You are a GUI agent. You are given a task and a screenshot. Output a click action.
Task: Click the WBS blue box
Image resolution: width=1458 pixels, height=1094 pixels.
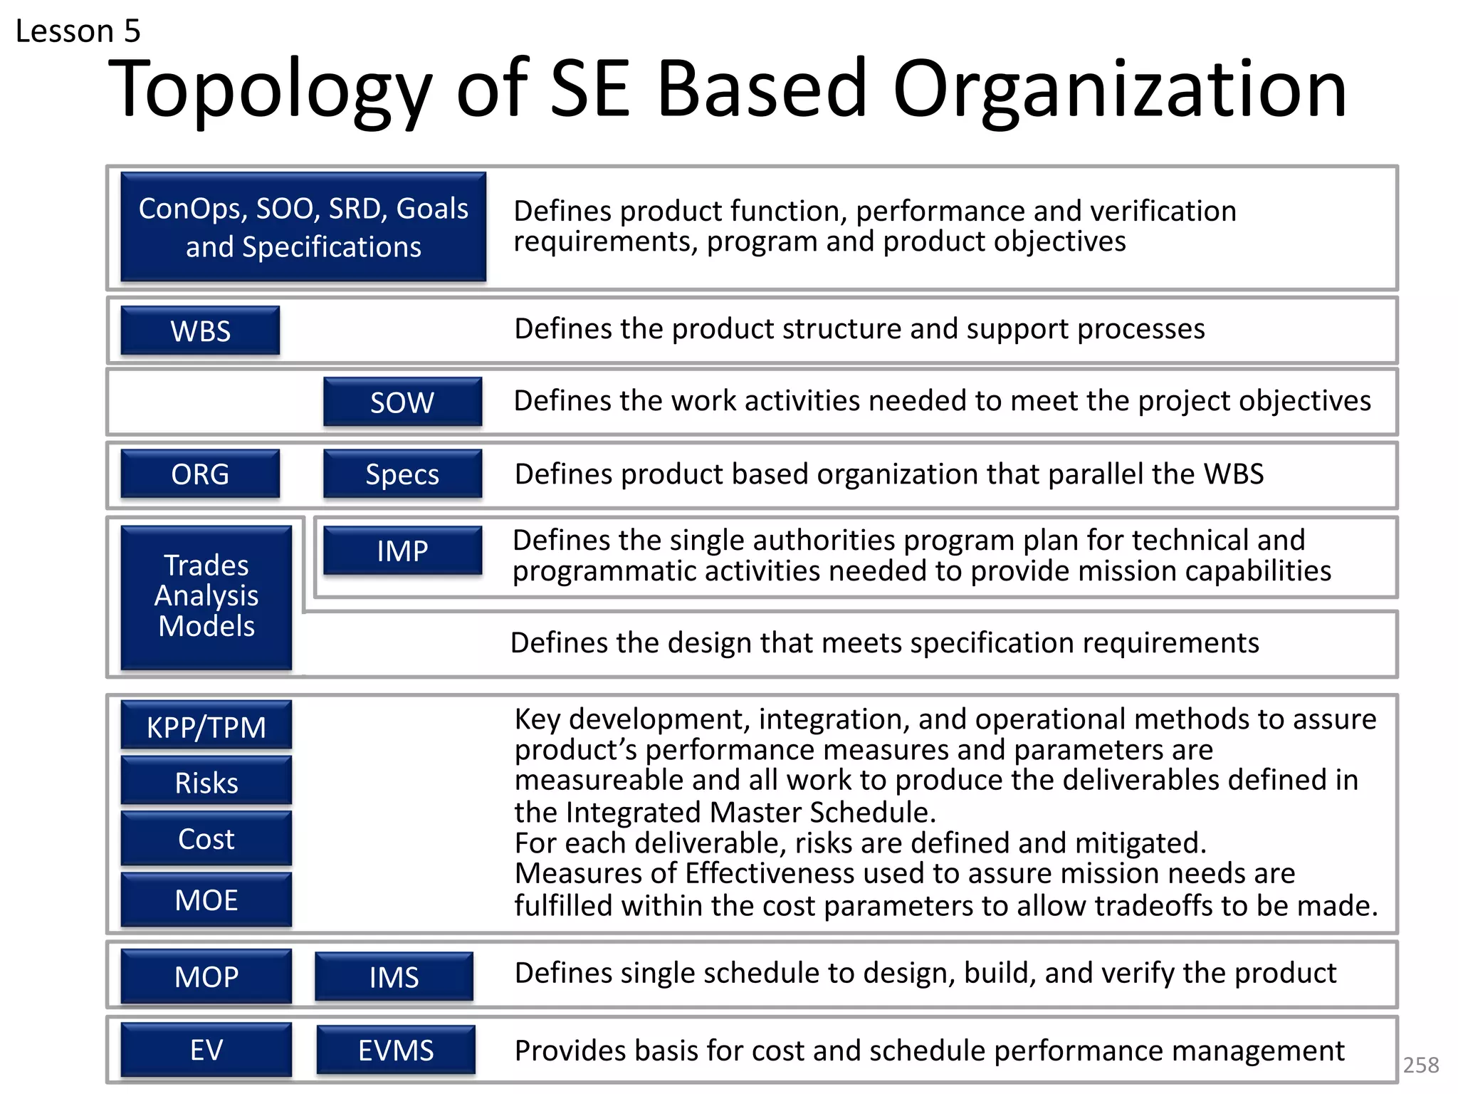200,330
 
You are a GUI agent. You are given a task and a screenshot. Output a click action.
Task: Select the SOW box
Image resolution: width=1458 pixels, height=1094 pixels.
402,402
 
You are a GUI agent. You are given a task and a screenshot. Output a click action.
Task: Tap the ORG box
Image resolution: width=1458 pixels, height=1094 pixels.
200,474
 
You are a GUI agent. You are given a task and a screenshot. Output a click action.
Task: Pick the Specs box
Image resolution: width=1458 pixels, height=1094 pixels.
402,474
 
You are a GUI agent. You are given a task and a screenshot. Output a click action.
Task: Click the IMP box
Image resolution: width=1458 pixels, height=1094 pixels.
402,551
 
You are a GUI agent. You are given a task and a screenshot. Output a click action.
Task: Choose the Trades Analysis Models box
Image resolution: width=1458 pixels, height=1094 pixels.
206,597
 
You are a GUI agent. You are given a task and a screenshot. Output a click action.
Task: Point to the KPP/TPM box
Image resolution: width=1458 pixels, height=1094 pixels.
206,726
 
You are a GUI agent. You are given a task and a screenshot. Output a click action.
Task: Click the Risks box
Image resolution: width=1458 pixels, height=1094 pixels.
206,781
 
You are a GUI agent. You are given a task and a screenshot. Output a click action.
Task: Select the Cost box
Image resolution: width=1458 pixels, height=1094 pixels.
206,838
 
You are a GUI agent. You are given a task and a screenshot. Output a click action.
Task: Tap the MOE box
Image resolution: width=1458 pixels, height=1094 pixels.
206,900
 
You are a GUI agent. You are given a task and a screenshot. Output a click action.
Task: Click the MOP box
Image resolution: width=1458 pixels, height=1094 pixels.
206,976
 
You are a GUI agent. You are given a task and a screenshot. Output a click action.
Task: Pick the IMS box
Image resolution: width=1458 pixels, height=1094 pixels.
394,976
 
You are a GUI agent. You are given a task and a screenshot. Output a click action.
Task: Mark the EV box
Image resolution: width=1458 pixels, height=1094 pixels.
206,1049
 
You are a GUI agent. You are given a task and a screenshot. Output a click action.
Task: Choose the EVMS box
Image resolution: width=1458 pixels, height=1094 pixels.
396,1050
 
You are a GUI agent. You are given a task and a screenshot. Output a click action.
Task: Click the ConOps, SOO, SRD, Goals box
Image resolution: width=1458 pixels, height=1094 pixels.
303,227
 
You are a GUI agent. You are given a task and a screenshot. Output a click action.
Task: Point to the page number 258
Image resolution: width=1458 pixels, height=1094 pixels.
1420,1065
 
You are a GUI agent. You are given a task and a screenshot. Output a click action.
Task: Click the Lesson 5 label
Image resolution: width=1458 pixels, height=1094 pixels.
78,31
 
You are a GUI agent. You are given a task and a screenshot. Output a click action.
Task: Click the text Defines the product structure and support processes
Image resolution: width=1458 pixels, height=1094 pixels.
859,329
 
